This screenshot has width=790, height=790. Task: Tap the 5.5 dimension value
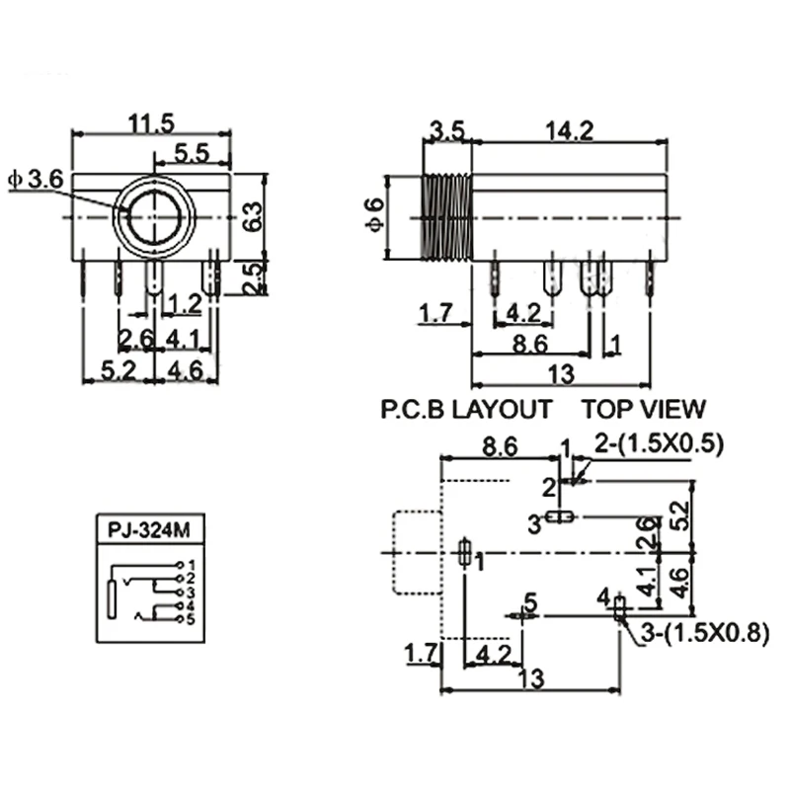[192, 153]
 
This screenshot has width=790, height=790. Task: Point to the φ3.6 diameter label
[37, 180]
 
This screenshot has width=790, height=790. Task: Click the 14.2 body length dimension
[570, 131]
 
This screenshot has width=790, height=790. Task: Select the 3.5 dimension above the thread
[447, 131]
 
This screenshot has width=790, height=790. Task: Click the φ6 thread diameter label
[375, 214]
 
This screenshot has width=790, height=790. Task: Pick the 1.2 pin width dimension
[185, 304]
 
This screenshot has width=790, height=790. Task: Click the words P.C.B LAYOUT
[466, 409]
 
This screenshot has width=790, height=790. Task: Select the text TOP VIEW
[644, 409]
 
